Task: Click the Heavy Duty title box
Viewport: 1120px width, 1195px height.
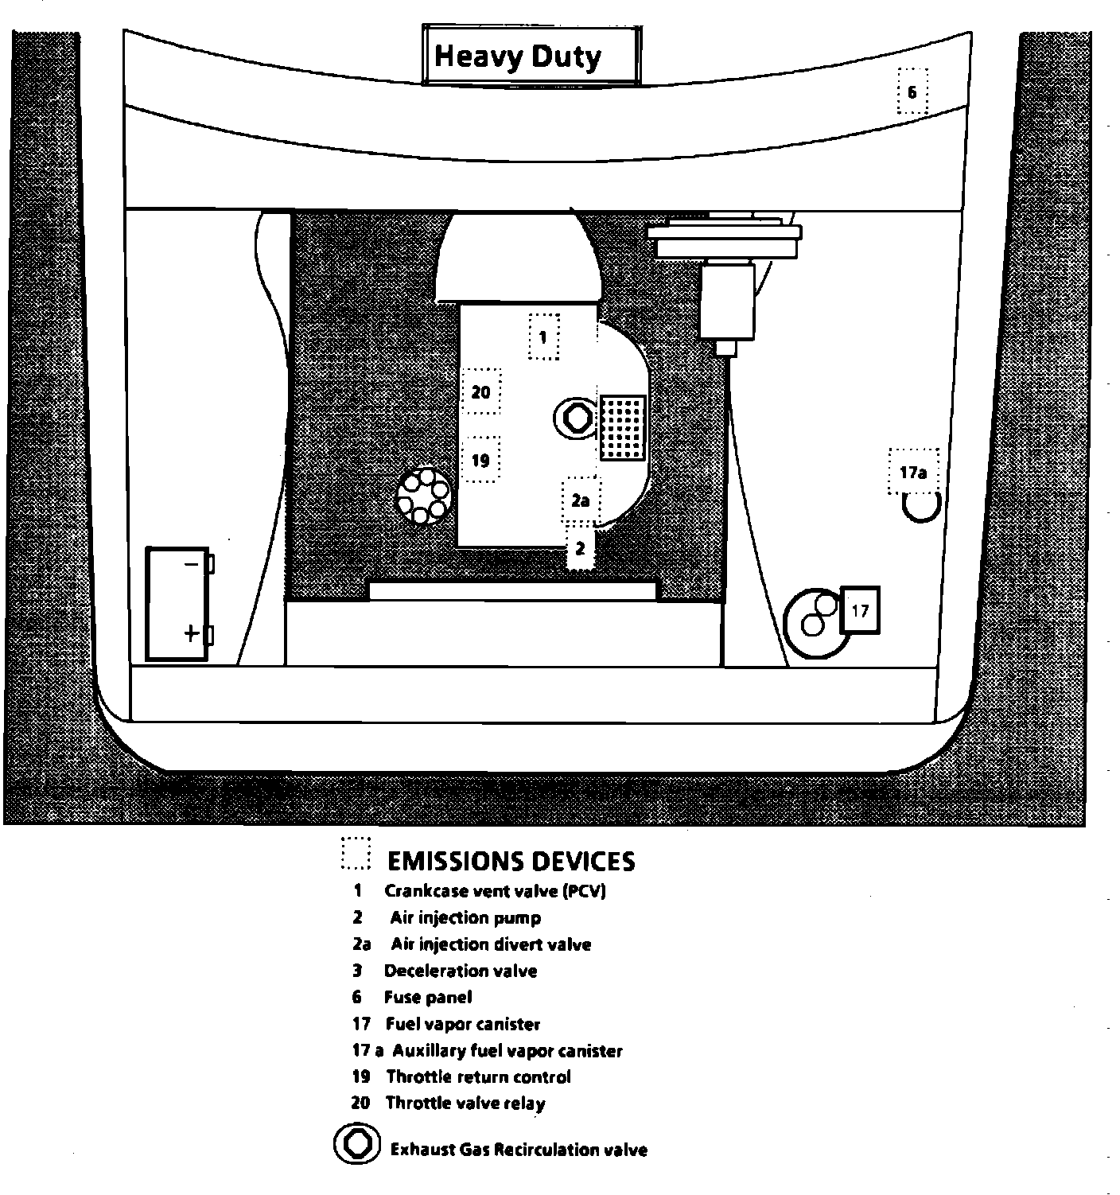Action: coord(531,55)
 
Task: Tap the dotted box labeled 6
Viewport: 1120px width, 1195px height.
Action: coord(912,91)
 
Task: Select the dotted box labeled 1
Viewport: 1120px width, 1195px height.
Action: coord(544,337)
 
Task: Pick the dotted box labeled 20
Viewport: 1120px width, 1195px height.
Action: coord(481,391)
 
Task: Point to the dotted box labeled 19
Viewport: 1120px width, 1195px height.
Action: coord(480,460)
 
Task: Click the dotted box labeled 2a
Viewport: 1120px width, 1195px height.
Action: coord(581,500)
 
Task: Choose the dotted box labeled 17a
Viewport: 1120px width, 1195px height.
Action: coord(913,472)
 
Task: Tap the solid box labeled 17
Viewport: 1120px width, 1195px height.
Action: coord(860,610)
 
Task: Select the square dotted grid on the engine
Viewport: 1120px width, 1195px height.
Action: coord(622,427)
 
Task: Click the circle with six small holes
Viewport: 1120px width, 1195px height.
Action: coord(424,496)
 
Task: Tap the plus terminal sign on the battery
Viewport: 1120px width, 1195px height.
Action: coord(191,633)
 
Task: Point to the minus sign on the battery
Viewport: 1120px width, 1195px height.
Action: coord(191,564)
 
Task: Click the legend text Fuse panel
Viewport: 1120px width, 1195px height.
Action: coord(427,997)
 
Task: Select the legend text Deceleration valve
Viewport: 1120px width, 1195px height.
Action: coord(460,971)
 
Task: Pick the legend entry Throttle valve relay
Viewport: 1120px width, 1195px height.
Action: coord(465,1103)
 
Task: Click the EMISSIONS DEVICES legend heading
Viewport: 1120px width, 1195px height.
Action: coord(511,861)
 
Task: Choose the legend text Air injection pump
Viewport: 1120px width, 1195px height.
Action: coord(465,917)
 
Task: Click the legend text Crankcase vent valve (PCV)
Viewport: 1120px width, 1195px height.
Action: coord(495,891)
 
